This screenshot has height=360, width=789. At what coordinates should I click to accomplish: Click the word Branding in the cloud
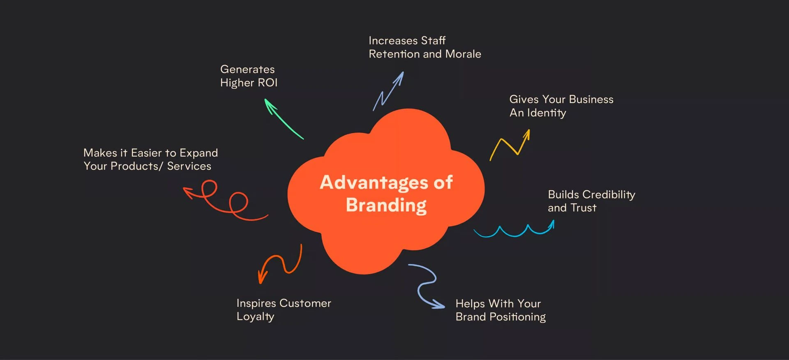386,205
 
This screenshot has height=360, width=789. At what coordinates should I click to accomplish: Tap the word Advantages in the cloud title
374,182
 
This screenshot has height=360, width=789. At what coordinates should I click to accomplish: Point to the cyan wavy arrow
514,231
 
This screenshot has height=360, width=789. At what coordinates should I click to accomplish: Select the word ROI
268,83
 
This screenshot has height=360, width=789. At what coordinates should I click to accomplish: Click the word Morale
463,54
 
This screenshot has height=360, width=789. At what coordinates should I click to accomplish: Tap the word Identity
546,113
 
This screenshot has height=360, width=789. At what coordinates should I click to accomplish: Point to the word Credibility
609,195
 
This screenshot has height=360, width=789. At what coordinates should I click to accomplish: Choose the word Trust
583,208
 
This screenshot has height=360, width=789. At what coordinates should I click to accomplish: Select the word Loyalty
255,317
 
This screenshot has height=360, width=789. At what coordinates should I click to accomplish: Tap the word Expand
198,153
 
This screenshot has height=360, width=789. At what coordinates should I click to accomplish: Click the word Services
189,166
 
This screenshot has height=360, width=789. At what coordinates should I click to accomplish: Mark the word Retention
394,54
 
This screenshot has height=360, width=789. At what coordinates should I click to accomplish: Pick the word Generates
247,69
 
